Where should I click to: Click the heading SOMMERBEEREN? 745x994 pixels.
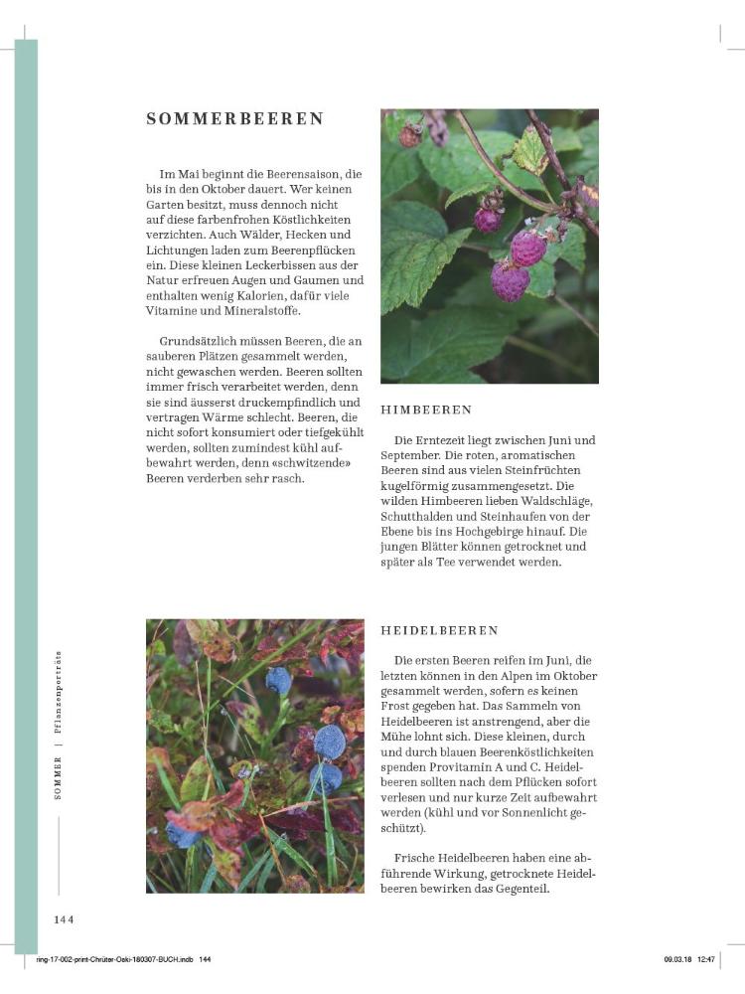[x=235, y=119]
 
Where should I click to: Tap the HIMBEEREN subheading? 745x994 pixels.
[x=426, y=410]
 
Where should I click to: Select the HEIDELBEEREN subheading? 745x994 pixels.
[x=439, y=630]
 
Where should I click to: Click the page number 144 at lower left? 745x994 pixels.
[x=65, y=919]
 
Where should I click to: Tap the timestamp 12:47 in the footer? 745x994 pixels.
[x=706, y=959]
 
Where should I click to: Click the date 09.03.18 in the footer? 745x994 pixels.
[x=679, y=959]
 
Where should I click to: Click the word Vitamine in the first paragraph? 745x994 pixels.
[x=174, y=310]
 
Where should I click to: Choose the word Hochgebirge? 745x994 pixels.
[x=523, y=531]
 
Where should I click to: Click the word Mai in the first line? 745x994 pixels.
[x=193, y=174]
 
